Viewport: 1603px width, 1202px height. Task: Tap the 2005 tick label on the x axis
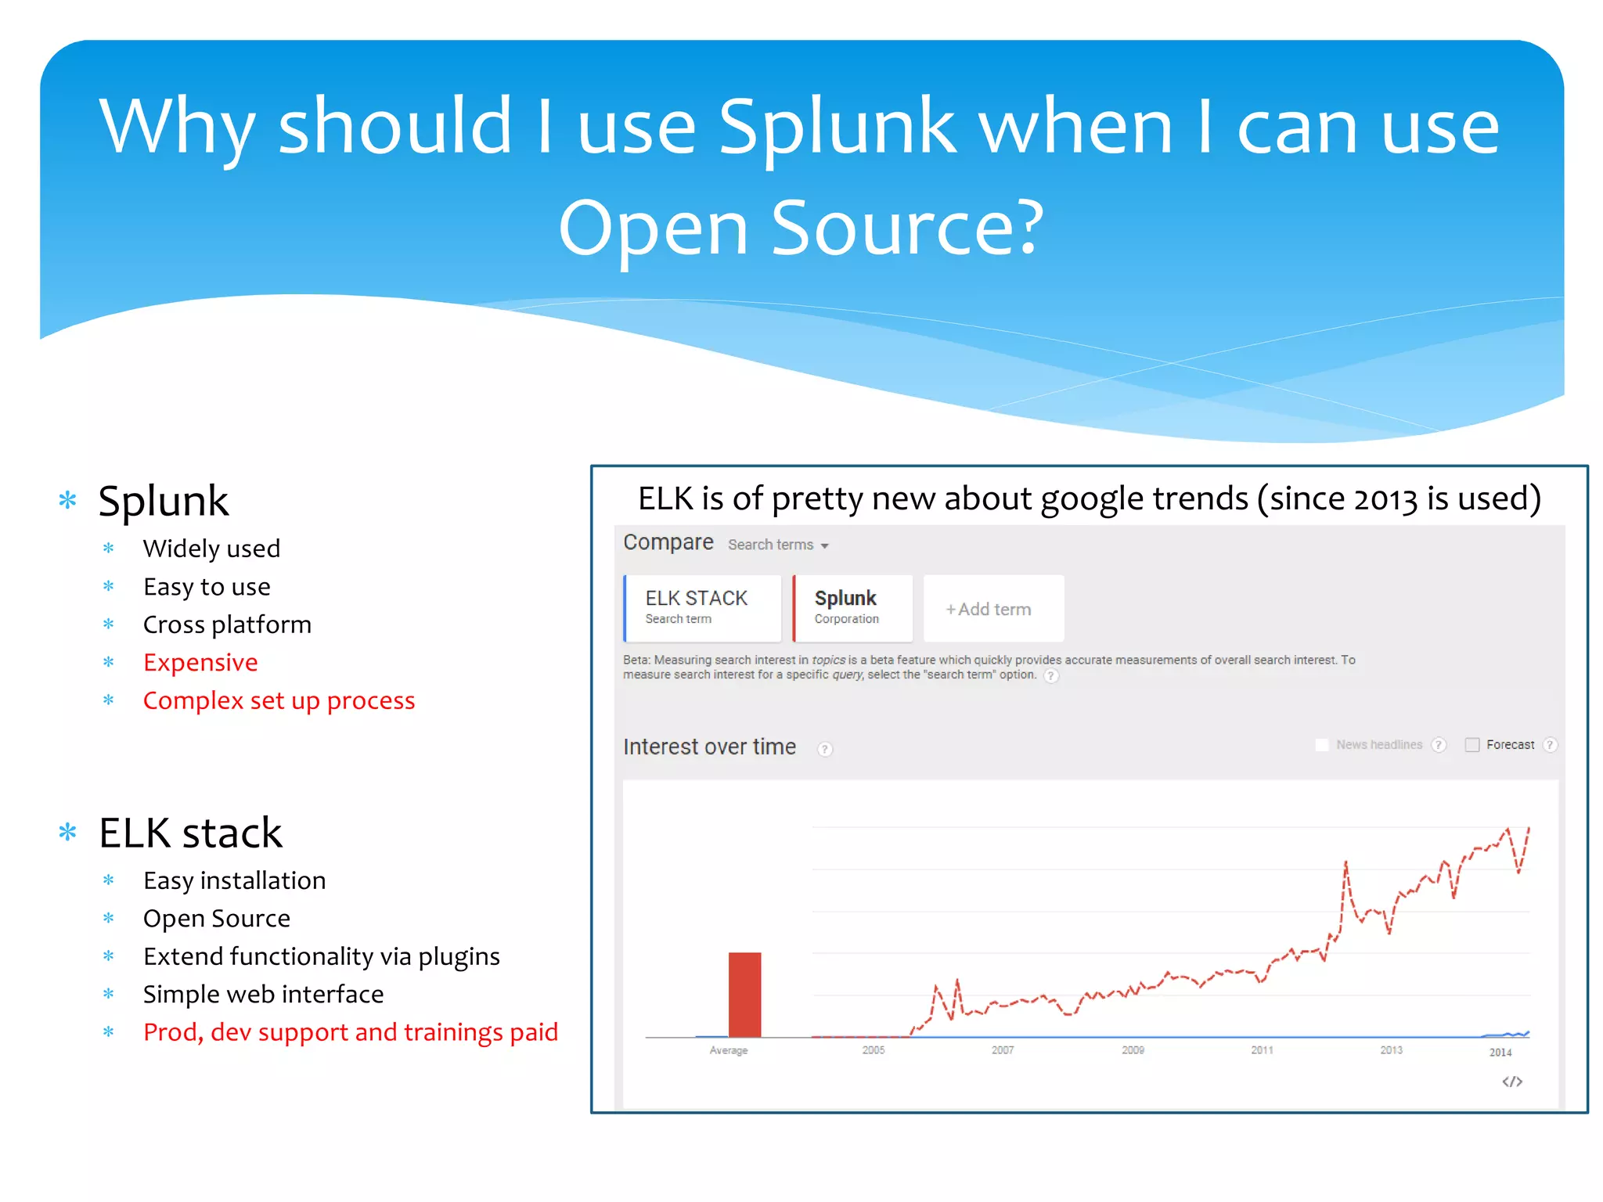tap(874, 1050)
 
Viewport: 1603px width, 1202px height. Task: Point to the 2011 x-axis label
tap(1262, 1050)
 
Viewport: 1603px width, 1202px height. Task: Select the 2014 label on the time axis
tap(1500, 1053)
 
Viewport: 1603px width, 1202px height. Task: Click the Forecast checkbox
tap(1472, 745)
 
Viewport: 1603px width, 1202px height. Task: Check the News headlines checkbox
tap(1322, 745)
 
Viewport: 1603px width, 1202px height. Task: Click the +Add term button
tap(992, 609)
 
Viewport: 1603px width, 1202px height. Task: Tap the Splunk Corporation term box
tap(852, 608)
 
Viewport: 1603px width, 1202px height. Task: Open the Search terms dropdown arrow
tap(825, 545)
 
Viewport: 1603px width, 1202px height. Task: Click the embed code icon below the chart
tap(1512, 1081)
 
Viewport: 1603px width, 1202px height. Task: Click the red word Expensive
tap(200, 663)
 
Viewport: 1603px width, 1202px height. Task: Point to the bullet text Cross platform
tap(227, 624)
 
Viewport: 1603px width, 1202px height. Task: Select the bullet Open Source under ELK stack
tap(217, 919)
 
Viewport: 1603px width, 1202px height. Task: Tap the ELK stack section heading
tap(190, 833)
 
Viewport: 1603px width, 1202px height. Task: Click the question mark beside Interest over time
tap(825, 749)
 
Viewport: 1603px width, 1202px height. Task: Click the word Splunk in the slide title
tap(837, 127)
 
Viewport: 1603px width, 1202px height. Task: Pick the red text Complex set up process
tap(279, 700)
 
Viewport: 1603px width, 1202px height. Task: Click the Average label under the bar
tap(729, 1050)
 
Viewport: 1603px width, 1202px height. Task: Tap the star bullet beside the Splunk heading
tap(68, 500)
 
